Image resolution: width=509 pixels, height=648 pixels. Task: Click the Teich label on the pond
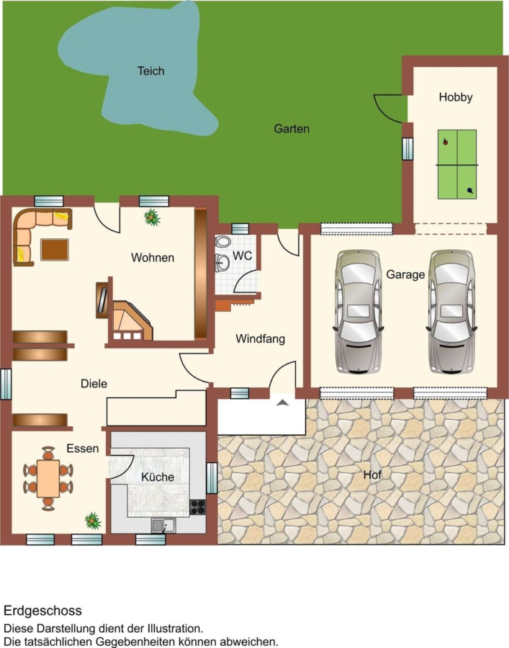coord(150,71)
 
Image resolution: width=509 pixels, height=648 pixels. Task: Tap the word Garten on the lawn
coord(292,129)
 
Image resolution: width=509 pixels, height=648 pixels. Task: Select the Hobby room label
coord(456,97)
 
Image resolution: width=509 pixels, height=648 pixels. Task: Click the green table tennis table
coord(457,164)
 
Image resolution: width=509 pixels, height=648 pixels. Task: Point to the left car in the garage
coord(359,312)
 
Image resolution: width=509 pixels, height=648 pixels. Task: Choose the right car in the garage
coord(451,312)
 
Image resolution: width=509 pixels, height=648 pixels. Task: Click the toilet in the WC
coord(222,242)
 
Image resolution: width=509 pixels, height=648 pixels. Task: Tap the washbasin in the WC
coord(222,263)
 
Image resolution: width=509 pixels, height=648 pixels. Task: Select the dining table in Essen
coord(48,479)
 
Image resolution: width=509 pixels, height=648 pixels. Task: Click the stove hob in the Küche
coord(197,507)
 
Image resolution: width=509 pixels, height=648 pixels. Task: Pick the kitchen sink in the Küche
coord(163,526)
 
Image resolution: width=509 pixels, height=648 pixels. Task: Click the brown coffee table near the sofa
coord(55,250)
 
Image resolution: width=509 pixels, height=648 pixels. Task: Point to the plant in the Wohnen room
coord(152,217)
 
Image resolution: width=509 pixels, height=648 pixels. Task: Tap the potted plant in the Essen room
coord(93,521)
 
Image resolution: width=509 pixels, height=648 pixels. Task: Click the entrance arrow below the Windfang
coord(283,402)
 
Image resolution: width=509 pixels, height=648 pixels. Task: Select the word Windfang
coord(261,339)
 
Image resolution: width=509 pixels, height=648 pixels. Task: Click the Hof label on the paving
coord(372,475)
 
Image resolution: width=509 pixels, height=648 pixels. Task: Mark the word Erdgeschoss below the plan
coord(43,611)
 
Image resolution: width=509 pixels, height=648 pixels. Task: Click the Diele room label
coord(94,384)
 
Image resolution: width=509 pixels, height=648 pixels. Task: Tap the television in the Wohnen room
coord(102,300)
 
